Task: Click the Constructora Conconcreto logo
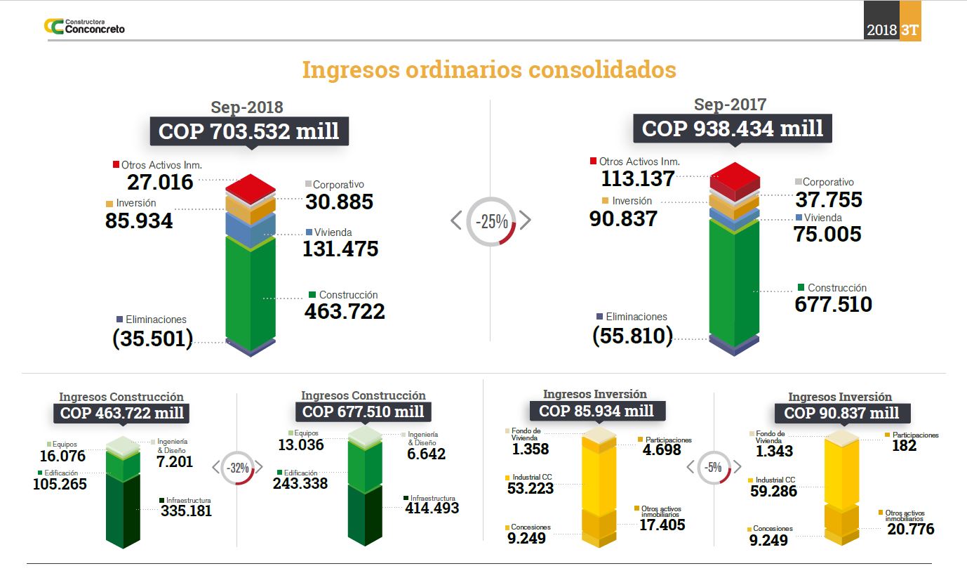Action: click(84, 27)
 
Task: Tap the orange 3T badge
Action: click(909, 30)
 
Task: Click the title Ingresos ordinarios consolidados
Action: click(489, 70)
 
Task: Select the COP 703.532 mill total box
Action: click(249, 131)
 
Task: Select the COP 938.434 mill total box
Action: click(733, 129)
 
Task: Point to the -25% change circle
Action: click(491, 221)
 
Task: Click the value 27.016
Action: click(160, 183)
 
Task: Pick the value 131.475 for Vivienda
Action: click(340, 249)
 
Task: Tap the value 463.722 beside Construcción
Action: click(345, 311)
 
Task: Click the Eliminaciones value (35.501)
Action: click(152, 338)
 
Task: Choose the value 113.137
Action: click(637, 179)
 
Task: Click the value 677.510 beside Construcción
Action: click(833, 304)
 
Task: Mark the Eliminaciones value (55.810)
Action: click(632, 336)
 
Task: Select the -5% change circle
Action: click(714, 467)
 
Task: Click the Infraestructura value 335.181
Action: click(186, 511)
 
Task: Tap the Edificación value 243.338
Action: click(301, 483)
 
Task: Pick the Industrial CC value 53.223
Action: click(530, 488)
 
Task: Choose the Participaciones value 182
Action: click(904, 445)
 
